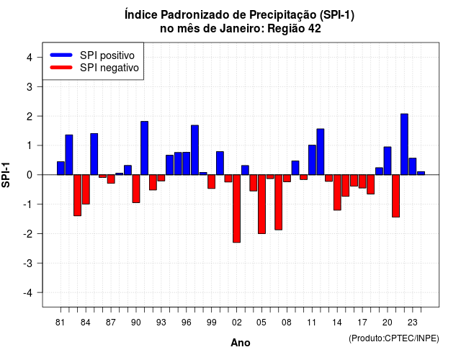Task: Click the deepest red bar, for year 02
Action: point(237,209)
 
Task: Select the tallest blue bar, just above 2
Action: point(404,144)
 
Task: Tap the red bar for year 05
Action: point(261,204)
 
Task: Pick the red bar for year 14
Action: point(337,192)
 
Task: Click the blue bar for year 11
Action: point(312,160)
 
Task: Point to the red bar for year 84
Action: point(86,189)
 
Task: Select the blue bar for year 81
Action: point(61,168)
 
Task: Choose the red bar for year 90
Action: point(136,189)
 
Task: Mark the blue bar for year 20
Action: point(388,161)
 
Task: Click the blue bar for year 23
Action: point(413,166)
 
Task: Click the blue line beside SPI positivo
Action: point(61,55)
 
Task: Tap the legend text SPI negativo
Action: point(109,68)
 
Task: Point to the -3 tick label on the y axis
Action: point(28,264)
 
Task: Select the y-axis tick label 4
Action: point(30,58)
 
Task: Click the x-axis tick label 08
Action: point(287,323)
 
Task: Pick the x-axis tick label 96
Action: point(187,323)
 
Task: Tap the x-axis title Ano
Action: point(241,343)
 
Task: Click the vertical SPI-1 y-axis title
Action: point(6,175)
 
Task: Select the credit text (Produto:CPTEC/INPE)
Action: point(394,338)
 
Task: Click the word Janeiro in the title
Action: point(242,29)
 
